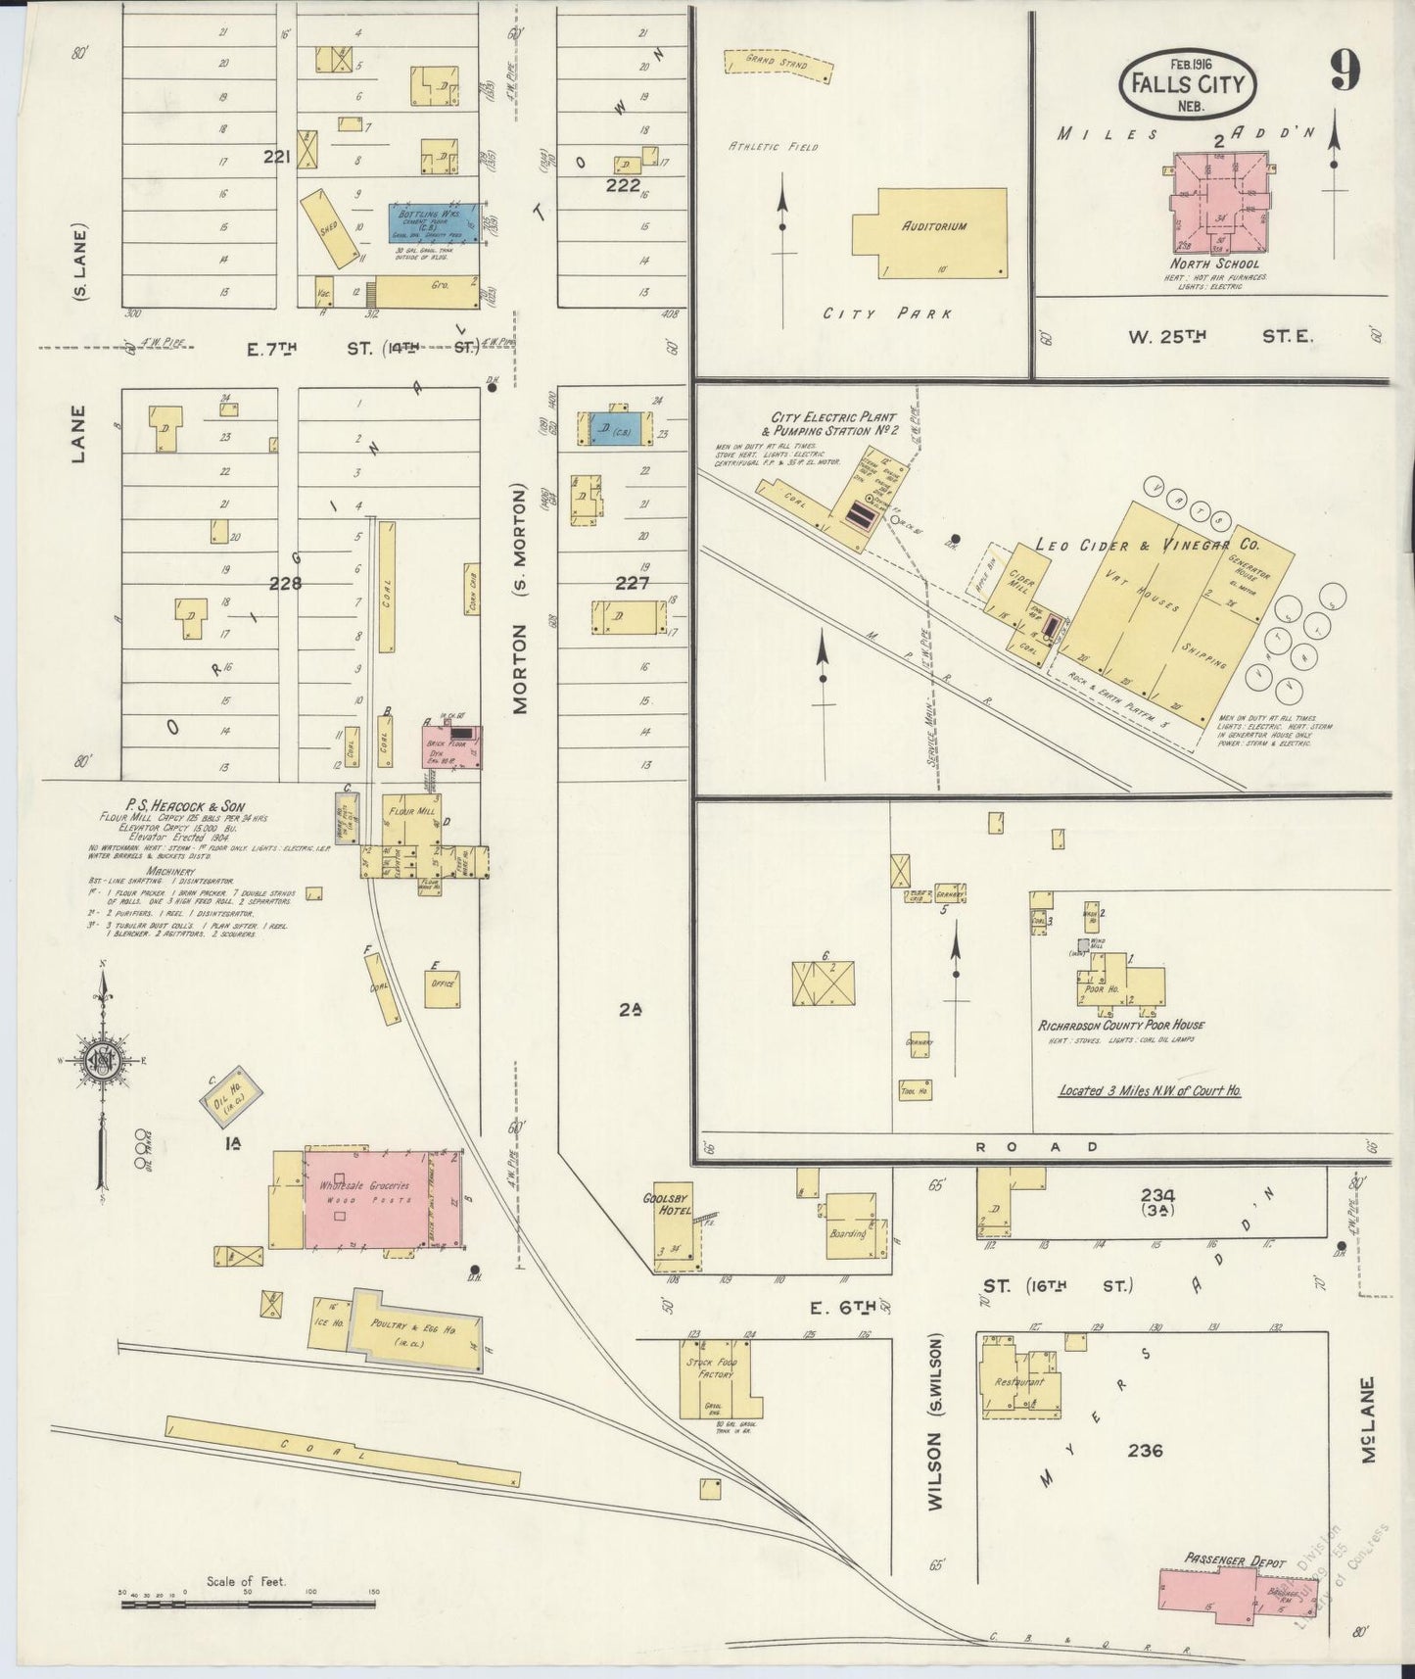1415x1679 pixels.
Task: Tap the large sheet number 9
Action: tap(1344, 71)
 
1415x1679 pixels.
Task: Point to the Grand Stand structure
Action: tap(778, 65)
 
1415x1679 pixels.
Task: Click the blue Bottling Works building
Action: tap(437, 224)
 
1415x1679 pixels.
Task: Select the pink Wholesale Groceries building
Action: tap(367, 1199)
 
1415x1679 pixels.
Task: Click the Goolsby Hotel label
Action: tap(668, 1202)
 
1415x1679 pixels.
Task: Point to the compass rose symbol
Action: tap(102, 1060)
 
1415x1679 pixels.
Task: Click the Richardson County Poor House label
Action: tap(1120, 1025)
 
